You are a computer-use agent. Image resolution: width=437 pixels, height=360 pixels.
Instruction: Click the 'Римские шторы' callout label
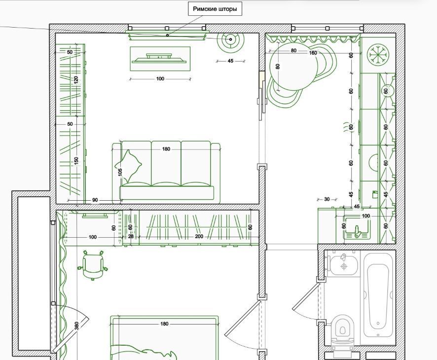coord(215,9)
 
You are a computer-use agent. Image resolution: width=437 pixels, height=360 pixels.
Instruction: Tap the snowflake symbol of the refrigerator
coord(378,55)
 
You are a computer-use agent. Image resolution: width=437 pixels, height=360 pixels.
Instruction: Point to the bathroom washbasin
coord(344,264)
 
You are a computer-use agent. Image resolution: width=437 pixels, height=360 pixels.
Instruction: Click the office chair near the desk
coord(93,265)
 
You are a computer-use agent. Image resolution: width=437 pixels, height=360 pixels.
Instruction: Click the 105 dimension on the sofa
coord(120,172)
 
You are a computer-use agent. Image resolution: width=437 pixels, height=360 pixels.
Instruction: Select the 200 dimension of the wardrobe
coord(199,236)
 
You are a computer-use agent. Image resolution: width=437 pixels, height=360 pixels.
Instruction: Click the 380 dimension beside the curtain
coord(76,325)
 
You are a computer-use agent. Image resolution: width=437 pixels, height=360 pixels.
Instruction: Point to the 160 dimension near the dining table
coord(313,53)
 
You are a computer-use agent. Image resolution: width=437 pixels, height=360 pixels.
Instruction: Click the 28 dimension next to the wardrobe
coord(131,236)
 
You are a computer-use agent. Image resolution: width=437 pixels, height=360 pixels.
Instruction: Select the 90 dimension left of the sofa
coord(95,200)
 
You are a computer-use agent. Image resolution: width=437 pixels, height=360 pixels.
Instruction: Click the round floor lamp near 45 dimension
coord(230,39)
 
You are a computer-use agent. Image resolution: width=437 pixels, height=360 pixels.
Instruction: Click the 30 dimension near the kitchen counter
coord(327,199)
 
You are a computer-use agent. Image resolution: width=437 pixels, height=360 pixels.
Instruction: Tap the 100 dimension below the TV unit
coord(160,79)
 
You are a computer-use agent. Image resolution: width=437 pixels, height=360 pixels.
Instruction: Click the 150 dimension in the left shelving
coord(76,161)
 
